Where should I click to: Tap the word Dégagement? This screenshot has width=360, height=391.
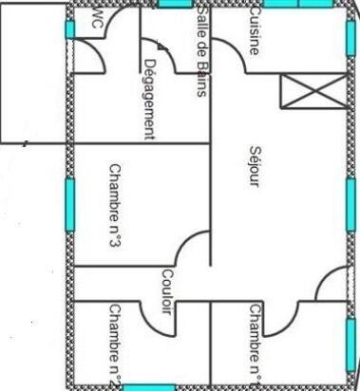click(148, 99)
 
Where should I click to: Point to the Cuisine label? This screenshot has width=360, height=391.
click(254, 30)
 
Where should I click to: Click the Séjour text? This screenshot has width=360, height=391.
click(254, 165)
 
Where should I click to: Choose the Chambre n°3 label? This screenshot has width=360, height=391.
click(114, 206)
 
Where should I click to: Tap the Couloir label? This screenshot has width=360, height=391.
click(166, 300)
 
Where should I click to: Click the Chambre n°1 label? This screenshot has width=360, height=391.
click(254, 344)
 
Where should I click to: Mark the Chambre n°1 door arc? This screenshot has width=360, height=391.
click(283, 318)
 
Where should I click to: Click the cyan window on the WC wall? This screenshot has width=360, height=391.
click(69, 28)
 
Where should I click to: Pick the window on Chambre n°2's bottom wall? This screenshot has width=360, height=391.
click(148, 387)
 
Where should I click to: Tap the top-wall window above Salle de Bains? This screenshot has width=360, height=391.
click(175, 4)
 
